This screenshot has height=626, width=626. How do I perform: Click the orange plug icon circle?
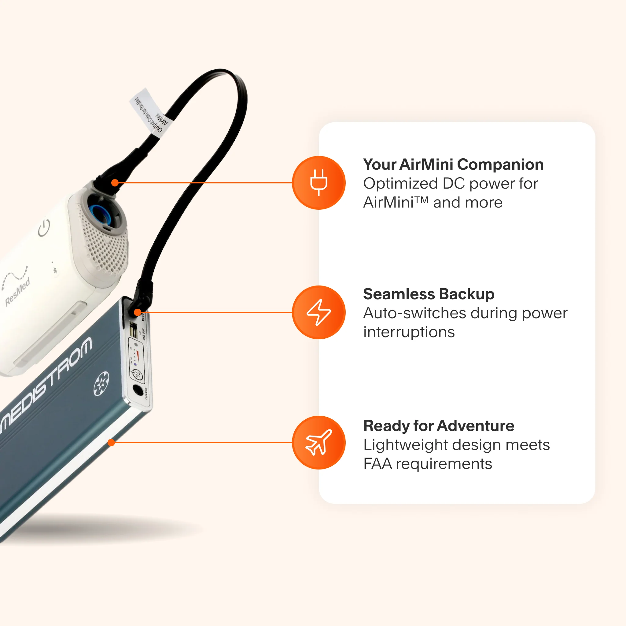[x=319, y=183]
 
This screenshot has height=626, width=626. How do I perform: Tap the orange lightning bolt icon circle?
[x=319, y=312]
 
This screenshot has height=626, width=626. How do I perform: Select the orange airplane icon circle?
[x=319, y=443]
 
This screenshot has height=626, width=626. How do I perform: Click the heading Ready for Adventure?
[x=439, y=425]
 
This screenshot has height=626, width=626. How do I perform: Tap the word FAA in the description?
[x=377, y=464]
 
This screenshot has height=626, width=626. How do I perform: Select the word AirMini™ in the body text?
[x=396, y=203]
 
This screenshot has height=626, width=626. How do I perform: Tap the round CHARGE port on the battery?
[x=138, y=390]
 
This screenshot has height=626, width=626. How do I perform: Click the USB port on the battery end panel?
[x=133, y=331]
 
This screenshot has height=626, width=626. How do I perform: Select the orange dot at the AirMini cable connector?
[x=115, y=183]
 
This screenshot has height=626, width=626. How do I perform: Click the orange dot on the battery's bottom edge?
[x=111, y=443]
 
